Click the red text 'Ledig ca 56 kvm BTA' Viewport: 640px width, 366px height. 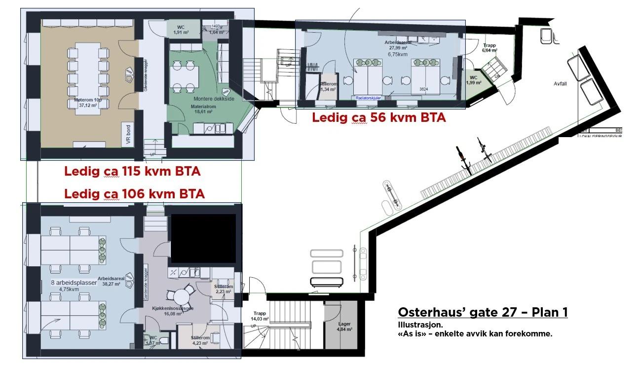click(379, 118)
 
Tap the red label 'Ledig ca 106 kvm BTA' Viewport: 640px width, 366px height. click(134, 194)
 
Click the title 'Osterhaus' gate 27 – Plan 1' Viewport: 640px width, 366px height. click(482, 313)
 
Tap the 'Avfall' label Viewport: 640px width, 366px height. click(560, 84)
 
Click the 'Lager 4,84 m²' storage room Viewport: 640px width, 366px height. click(344, 327)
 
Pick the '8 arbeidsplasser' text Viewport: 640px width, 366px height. click(74, 283)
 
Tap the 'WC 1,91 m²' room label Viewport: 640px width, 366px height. click(181, 30)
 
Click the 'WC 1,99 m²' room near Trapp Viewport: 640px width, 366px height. click(474, 79)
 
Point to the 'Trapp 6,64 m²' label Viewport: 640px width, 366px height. click(489, 47)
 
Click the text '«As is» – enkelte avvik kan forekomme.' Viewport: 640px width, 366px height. click(475, 333)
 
